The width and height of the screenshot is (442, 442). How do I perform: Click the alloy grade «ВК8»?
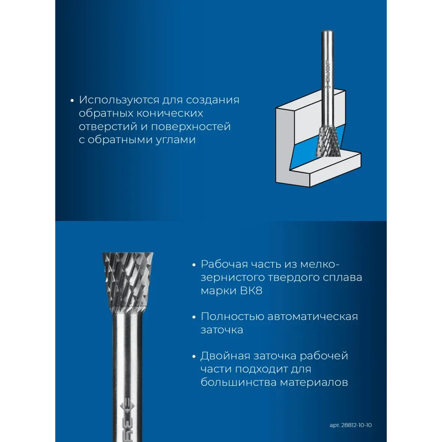coord(251,291)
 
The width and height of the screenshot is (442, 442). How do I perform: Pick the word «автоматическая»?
coord(312,316)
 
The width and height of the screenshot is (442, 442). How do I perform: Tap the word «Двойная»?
coord(225,356)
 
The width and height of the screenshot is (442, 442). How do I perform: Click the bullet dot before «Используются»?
coord(72,101)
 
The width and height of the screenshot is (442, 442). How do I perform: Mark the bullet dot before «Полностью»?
coord(194,317)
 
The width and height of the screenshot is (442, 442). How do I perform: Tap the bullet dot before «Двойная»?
coord(194,357)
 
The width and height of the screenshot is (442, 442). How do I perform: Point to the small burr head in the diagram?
coord(328,141)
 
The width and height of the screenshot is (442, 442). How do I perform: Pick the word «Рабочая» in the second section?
coord(224,264)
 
